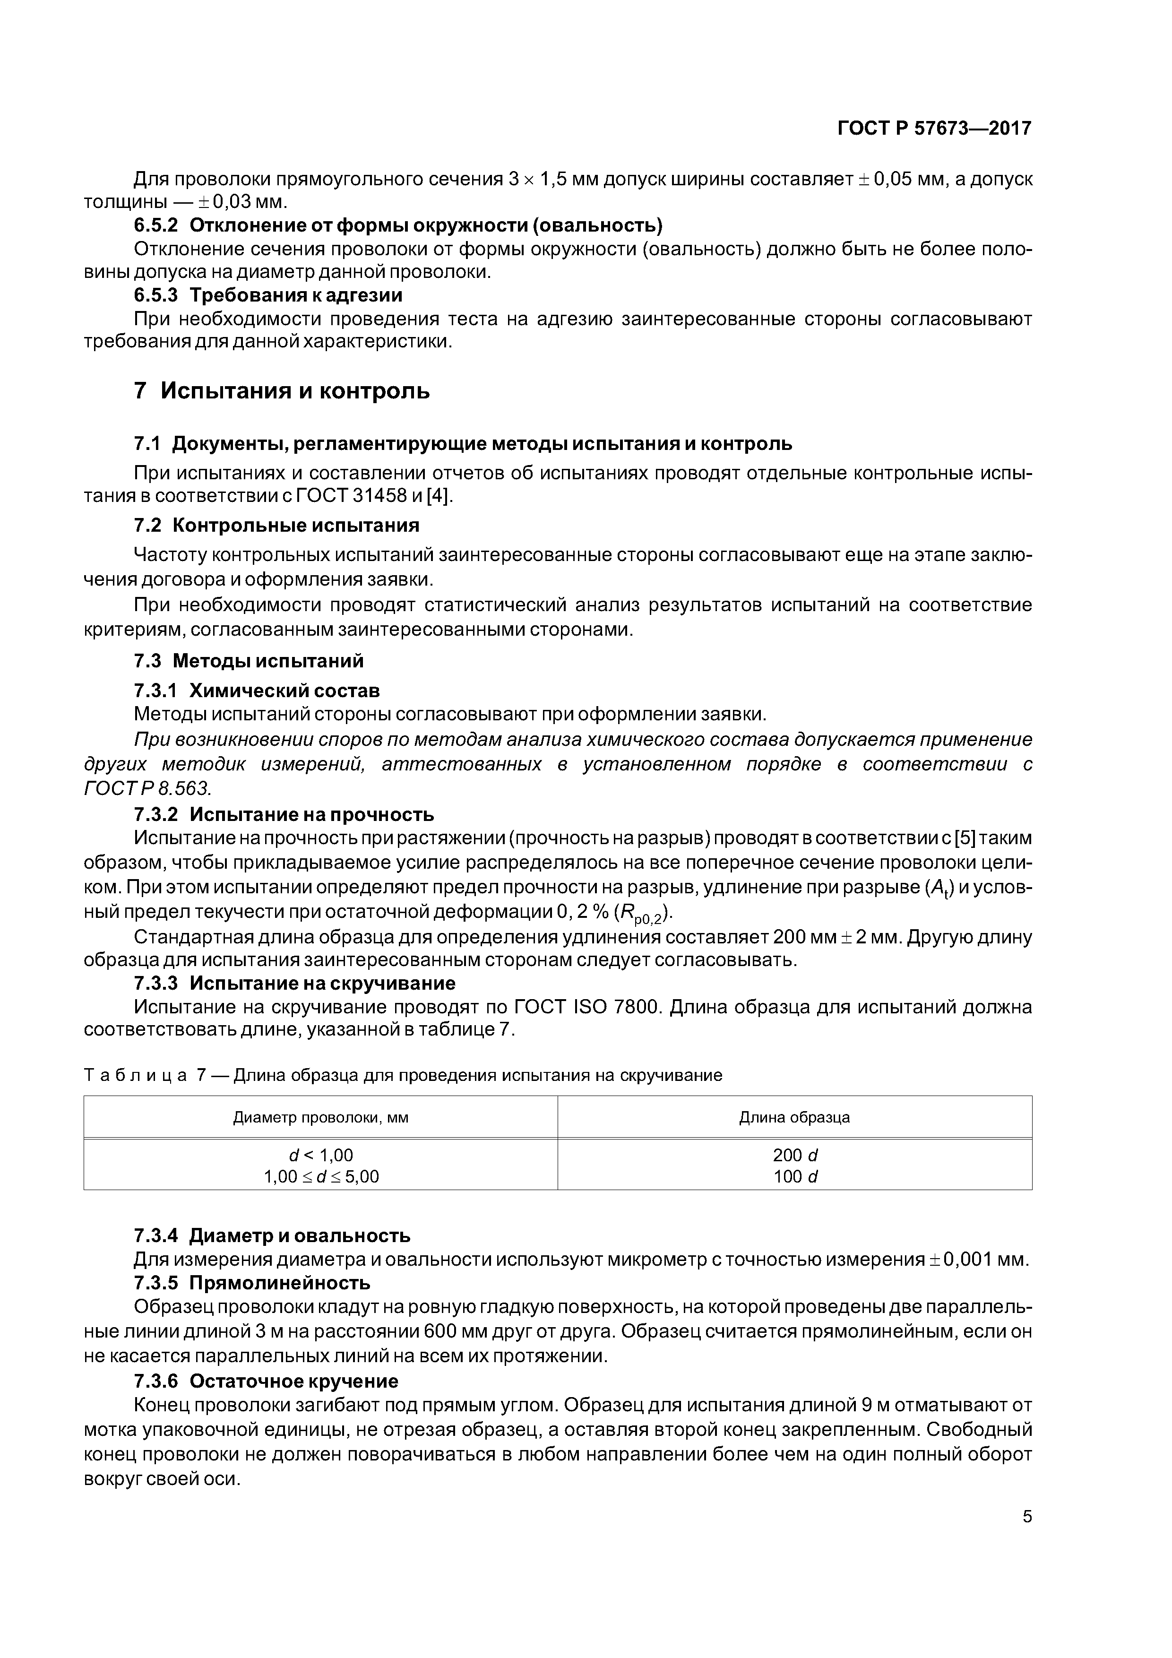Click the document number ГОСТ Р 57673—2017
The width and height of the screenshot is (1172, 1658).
click(x=934, y=129)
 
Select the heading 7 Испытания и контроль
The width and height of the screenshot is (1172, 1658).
click(x=282, y=391)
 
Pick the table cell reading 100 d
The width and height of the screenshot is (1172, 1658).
click(x=794, y=1177)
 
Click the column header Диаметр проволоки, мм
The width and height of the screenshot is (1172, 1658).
click(x=320, y=1118)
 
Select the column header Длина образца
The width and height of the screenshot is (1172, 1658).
click(x=794, y=1118)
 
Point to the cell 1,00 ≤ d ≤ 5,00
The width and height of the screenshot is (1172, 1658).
click(x=320, y=1177)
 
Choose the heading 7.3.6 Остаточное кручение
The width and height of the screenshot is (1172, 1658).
click(x=266, y=1382)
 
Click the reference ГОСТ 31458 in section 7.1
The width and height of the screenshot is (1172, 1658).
click(x=372, y=496)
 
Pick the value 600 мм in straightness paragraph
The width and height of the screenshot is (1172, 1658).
click(x=455, y=1331)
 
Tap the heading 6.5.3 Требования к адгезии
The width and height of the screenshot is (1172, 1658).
click(x=268, y=295)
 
